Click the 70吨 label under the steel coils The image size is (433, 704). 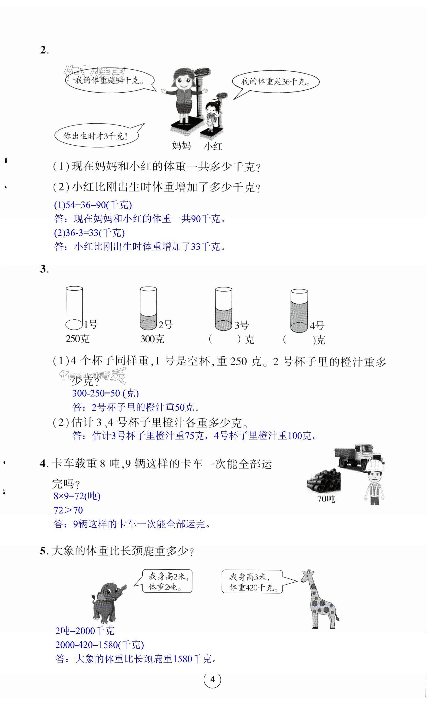pyautogui.click(x=326, y=499)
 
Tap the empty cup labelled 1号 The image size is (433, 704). pyautogui.click(x=74, y=308)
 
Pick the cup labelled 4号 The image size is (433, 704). pyautogui.click(x=299, y=311)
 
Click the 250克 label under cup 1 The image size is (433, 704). pyautogui.click(x=78, y=339)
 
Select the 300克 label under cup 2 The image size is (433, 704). pyautogui.click(x=152, y=339)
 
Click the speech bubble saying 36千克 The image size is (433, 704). pyautogui.click(x=276, y=84)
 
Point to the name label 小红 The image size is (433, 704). pyautogui.click(x=213, y=146)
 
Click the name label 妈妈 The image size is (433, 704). pyautogui.click(x=181, y=146)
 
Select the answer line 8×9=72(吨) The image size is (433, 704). pyautogui.click(x=77, y=496)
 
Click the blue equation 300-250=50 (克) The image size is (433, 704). pyautogui.click(x=105, y=393)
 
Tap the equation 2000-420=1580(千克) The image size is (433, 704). pyautogui.click(x=99, y=645)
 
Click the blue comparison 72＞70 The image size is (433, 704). pyautogui.click(x=68, y=510)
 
